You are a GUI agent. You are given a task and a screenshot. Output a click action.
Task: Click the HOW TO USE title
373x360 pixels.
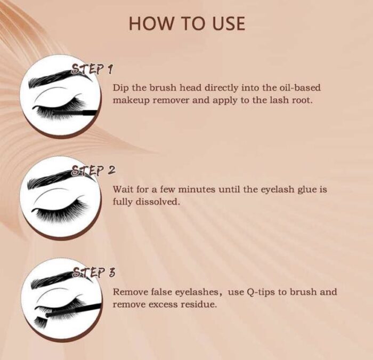(x=186, y=23)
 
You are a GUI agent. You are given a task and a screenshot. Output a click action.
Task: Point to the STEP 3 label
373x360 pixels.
(x=94, y=273)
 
